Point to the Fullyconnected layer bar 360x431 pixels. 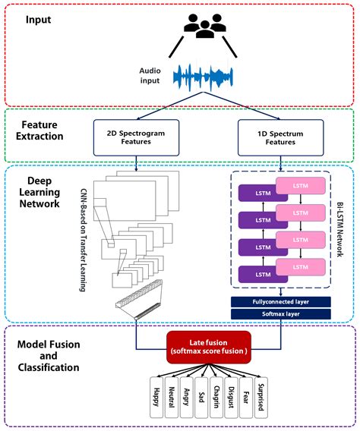tap(281, 301)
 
